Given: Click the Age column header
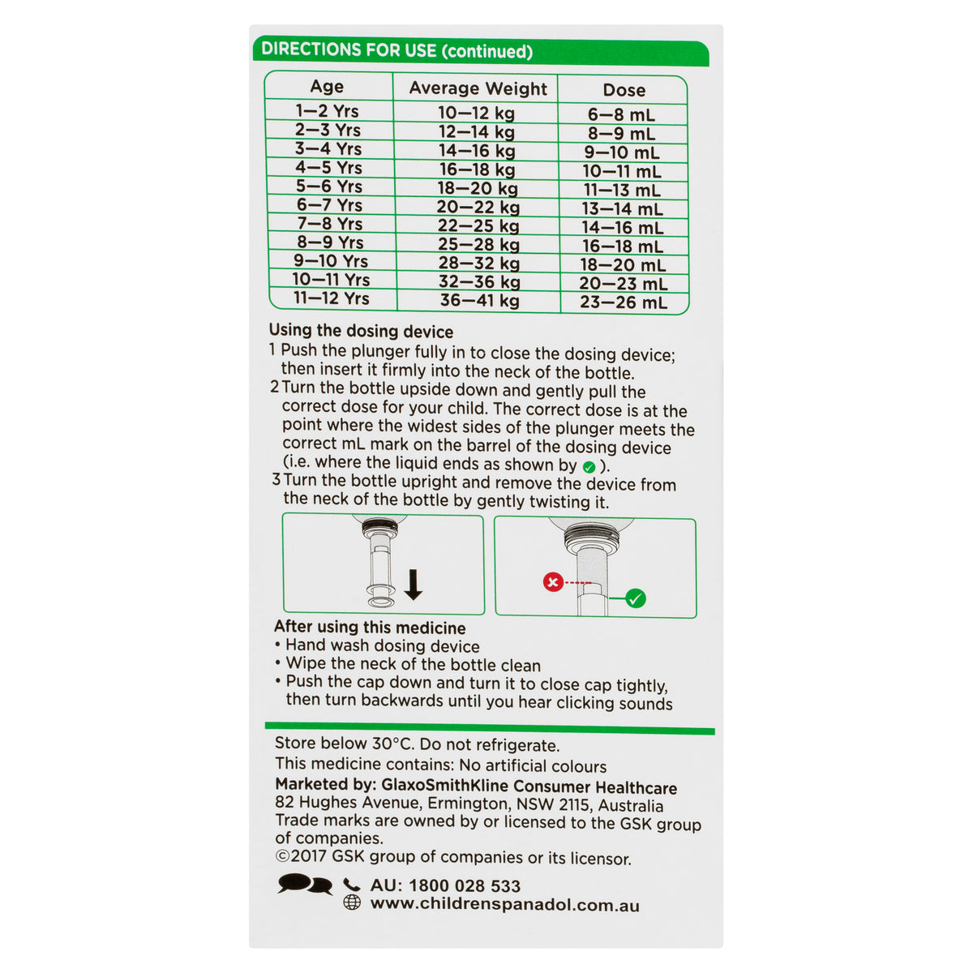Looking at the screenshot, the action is pos(327,86).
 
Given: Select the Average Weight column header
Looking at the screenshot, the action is pos(478,88).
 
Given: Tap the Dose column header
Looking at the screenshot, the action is pos(624,90).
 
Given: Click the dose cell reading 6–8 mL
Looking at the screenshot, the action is pos(621,114).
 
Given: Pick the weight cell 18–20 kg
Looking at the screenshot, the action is pos(477,188).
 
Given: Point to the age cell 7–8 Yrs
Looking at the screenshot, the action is pos(330,223).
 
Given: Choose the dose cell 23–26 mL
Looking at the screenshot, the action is pos(623,302).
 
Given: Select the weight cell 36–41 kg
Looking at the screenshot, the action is pos(479,301).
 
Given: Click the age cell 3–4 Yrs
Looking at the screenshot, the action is pos(328,148).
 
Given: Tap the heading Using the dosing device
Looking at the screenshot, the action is pos(361,332).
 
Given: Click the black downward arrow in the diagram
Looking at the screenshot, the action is pos(413,584).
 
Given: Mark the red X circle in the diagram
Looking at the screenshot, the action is pos(553,582).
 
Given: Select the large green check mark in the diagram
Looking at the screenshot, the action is pos(635,598).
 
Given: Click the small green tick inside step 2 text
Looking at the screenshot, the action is pos(589,467).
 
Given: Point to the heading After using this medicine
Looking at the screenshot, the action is pos(370,627).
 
